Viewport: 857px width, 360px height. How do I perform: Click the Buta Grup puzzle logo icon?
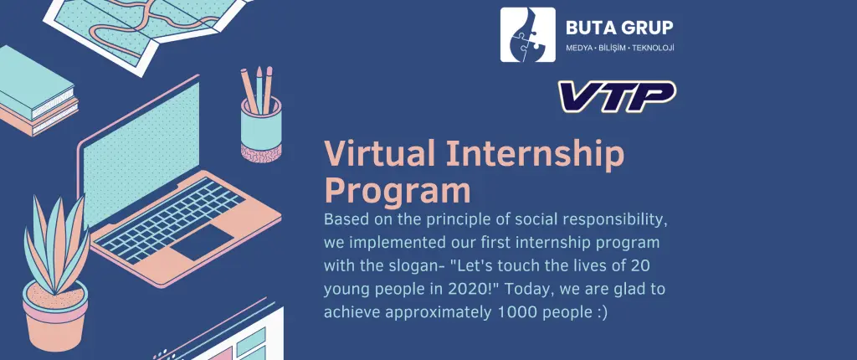(527, 34)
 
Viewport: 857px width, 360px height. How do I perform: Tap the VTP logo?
(617, 95)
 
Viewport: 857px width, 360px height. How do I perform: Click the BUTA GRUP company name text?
(618, 28)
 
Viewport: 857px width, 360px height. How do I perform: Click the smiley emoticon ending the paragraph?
(599, 312)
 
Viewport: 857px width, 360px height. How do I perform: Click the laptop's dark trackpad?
(202, 241)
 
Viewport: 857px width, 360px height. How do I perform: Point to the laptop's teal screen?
(141, 154)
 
